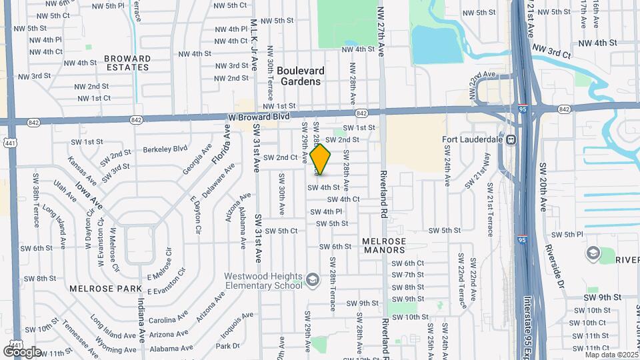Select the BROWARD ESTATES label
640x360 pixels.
coord(127,63)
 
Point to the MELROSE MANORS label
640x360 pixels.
coord(383,245)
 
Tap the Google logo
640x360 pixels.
coord(22,351)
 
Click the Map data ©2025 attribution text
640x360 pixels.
coord(611,355)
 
